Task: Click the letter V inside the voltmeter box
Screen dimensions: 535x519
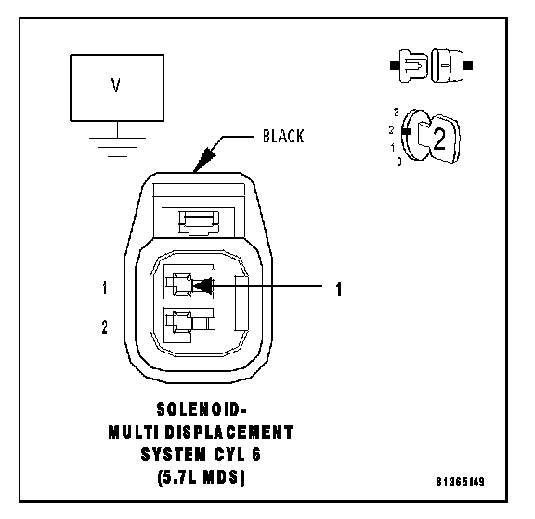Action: click(116, 86)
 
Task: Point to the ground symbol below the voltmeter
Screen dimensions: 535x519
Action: click(117, 147)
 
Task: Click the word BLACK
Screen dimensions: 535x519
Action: click(283, 136)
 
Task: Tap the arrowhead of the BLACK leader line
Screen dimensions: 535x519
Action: click(204, 160)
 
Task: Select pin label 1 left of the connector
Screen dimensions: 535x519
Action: click(105, 287)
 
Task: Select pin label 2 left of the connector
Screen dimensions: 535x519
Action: click(104, 326)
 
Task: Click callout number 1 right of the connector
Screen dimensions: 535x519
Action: click(338, 288)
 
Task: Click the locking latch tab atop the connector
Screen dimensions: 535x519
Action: click(199, 222)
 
